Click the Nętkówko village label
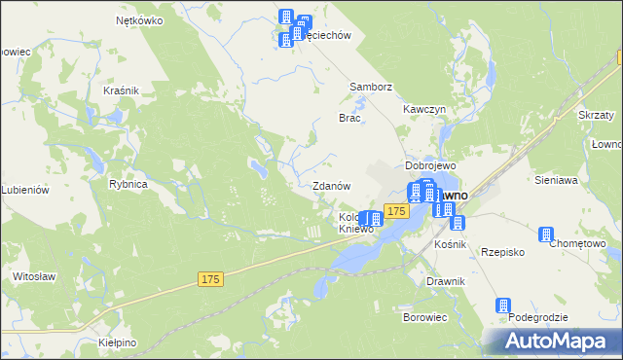(137, 19)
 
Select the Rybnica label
(128, 184)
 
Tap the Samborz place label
(371, 87)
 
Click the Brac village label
(349, 118)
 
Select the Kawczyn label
(426, 109)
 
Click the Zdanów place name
(331, 186)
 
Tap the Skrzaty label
(595, 114)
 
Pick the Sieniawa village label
(557, 180)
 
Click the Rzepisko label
(503, 251)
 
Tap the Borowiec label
(424, 317)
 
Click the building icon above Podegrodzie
(503, 306)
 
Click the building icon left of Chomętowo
(546, 234)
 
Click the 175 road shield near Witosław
(211, 279)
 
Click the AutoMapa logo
(554, 341)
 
